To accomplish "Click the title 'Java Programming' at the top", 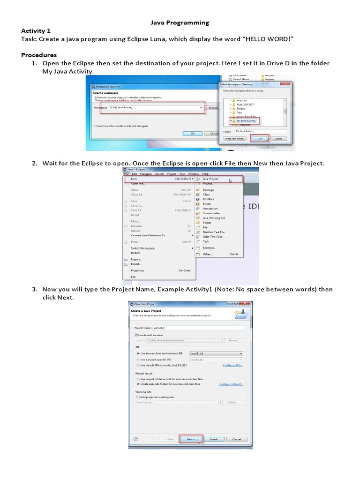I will [180, 22].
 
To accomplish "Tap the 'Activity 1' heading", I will [36, 30].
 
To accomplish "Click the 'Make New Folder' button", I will [234, 139].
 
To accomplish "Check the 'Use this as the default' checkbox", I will [95, 126].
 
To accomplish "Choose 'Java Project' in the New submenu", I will [211, 179].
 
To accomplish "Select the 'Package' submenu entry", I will [208, 190].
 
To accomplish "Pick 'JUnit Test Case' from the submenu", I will [212, 237].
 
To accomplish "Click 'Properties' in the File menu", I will [137, 270].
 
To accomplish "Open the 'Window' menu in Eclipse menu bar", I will [194, 173].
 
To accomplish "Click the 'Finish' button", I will [214, 439].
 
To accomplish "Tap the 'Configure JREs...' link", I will [233, 365].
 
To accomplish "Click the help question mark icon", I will [135, 439].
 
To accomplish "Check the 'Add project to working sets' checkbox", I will [137, 397].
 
